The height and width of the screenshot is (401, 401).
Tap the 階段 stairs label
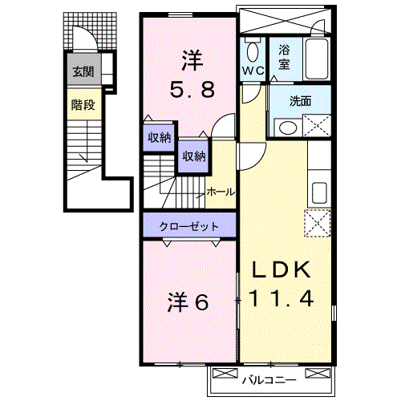(83, 104)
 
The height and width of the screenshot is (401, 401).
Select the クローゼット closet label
(189, 227)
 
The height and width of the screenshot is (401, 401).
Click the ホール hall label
(221, 192)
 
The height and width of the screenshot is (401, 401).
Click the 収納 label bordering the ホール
(192, 156)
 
